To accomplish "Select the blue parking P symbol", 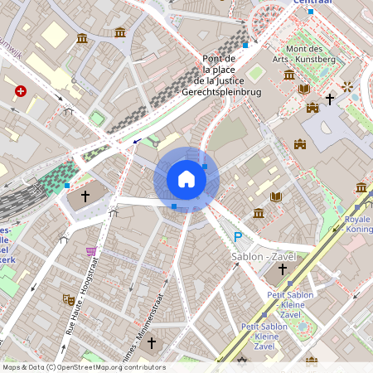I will (237, 237).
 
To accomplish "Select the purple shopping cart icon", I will (91, 251).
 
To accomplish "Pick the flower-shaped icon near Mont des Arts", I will (346, 86).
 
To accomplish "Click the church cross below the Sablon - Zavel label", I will (282, 269).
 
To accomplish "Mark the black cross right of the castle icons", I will (329, 99).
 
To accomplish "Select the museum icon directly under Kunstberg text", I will (288, 75).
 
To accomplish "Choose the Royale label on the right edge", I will (357, 220).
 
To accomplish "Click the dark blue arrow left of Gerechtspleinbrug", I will (136, 141).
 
